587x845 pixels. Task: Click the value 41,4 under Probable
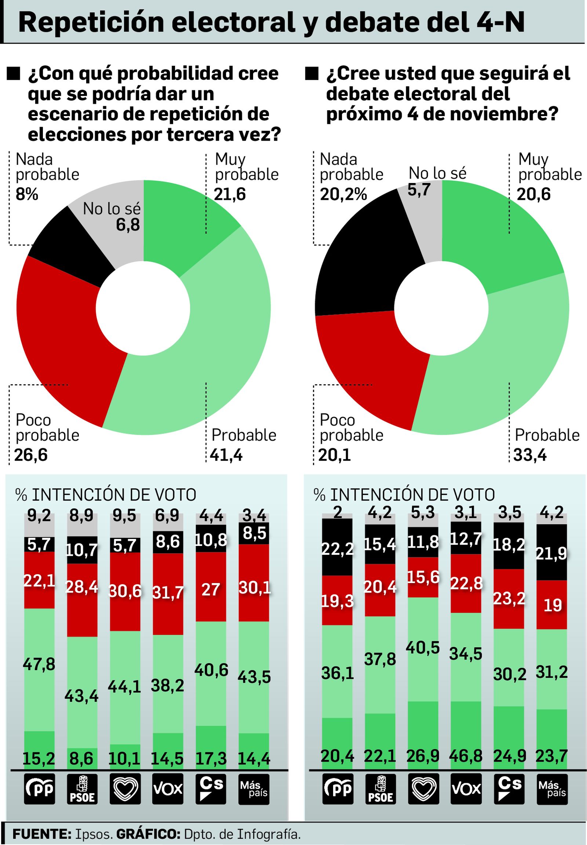(x=226, y=455)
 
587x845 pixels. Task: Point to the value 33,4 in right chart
(x=530, y=455)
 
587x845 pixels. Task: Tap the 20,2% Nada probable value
(x=343, y=194)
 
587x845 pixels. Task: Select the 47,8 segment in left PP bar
(x=39, y=664)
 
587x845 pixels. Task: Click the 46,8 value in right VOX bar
(x=465, y=756)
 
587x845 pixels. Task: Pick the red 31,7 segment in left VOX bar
(x=168, y=593)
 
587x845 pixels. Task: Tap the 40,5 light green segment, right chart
(x=423, y=648)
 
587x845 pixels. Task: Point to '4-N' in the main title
(x=500, y=22)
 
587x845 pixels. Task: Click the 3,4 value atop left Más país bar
(x=254, y=516)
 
